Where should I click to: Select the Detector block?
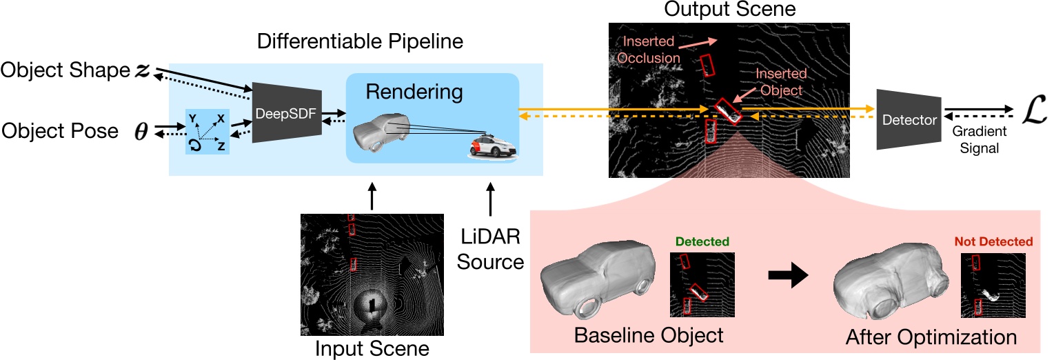908,119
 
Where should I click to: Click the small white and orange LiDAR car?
491,147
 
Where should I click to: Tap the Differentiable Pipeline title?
359,42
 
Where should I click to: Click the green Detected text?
702,242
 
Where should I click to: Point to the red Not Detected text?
993,241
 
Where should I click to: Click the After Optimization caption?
931,337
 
